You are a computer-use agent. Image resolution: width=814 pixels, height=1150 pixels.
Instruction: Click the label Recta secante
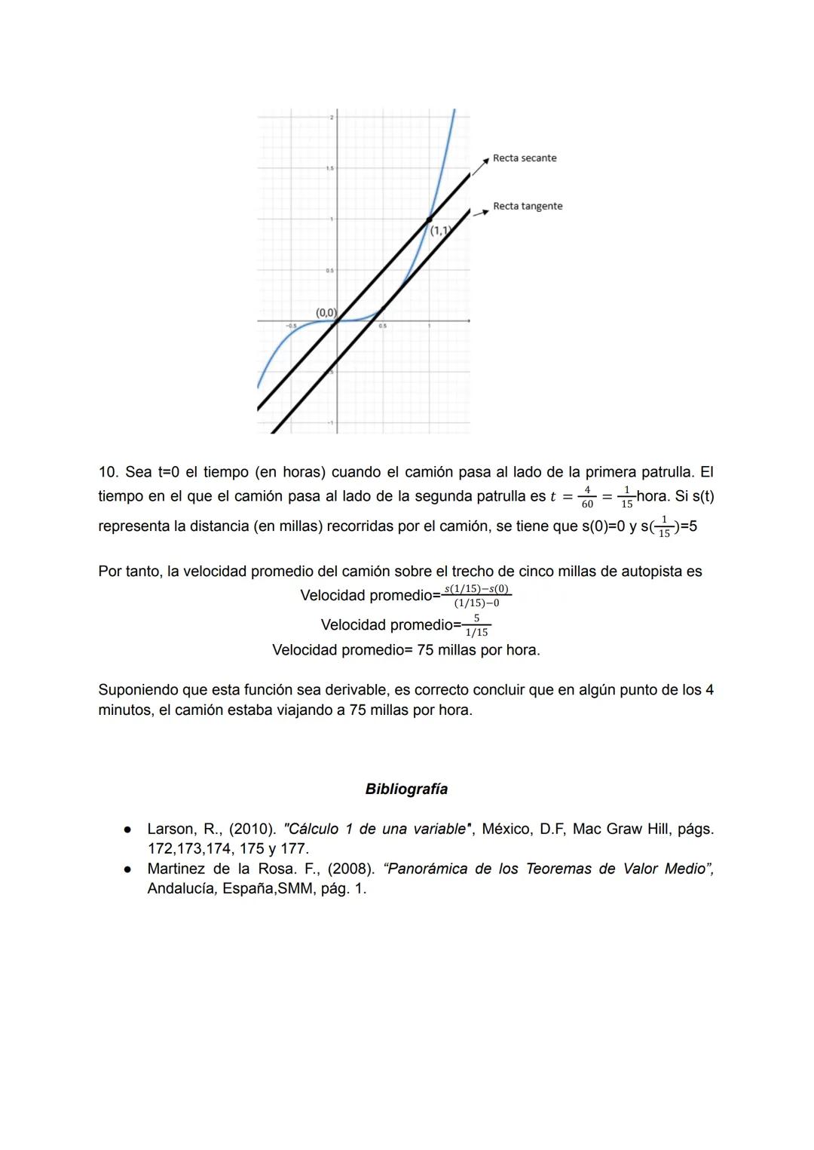(525, 158)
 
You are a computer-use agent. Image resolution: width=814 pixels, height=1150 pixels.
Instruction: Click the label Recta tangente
(528, 207)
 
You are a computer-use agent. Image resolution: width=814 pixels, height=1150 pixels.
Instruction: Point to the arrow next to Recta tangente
(481, 212)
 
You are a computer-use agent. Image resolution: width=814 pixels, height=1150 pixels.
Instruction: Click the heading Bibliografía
(406, 790)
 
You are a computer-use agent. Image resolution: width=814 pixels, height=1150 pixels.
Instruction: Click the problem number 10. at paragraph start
(109, 472)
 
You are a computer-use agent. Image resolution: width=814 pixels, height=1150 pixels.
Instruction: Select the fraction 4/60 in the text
(587, 497)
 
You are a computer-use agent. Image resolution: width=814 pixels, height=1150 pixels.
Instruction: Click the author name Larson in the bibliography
(171, 830)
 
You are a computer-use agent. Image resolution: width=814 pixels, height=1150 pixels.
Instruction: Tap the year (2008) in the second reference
(350, 869)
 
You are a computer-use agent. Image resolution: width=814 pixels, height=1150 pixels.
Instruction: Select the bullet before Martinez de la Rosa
(128, 869)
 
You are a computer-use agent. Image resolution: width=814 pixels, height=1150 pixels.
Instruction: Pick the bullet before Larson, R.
(128, 830)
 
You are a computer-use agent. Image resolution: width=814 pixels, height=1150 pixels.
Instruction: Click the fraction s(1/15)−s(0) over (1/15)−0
(476, 596)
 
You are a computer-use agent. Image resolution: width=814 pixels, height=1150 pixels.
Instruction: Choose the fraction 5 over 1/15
(476, 625)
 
